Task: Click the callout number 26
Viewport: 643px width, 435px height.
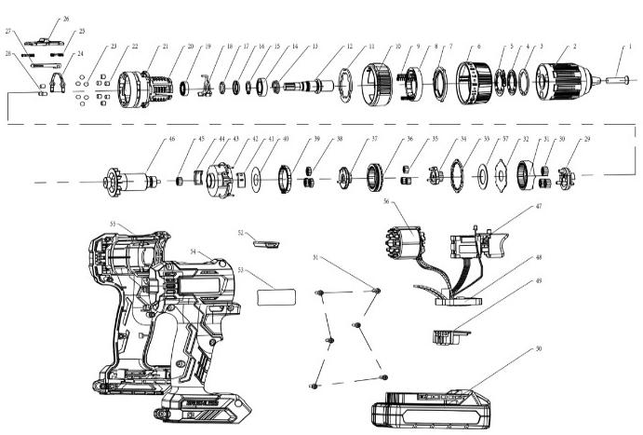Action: [x=65, y=19]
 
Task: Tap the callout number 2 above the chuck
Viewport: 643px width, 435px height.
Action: [x=574, y=46]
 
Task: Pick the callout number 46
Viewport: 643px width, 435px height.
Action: [x=171, y=140]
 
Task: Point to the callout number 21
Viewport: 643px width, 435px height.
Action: [x=166, y=47]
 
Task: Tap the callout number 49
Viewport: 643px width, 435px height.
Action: [x=537, y=280]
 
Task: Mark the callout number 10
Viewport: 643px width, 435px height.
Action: [x=397, y=46]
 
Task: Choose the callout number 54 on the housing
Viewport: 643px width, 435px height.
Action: [x=194, y=251]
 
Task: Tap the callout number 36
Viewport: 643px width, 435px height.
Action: [x=409, y=140]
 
